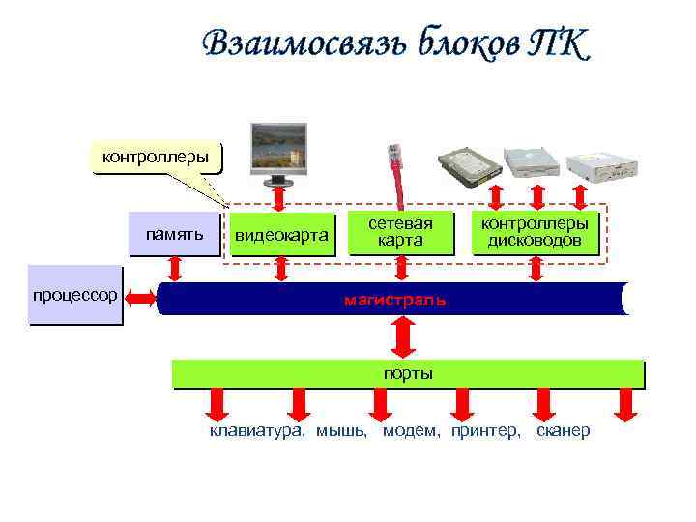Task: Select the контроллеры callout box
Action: click(x=155, y=156)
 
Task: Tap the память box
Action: click(x=174, y=234)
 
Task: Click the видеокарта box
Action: click(x=281, y=235)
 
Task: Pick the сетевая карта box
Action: click(x=400, y=232)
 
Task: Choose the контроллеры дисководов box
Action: click(x=535, y=232)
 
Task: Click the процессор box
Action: click(x=74, y=294)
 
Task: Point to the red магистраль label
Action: click(x=394, y=300)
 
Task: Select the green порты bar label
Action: click(x=407, y=373)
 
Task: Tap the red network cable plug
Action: click(x=393, y=158)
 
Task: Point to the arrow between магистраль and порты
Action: click(x=401, y=337)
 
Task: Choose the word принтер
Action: click(x=484, y=430)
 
